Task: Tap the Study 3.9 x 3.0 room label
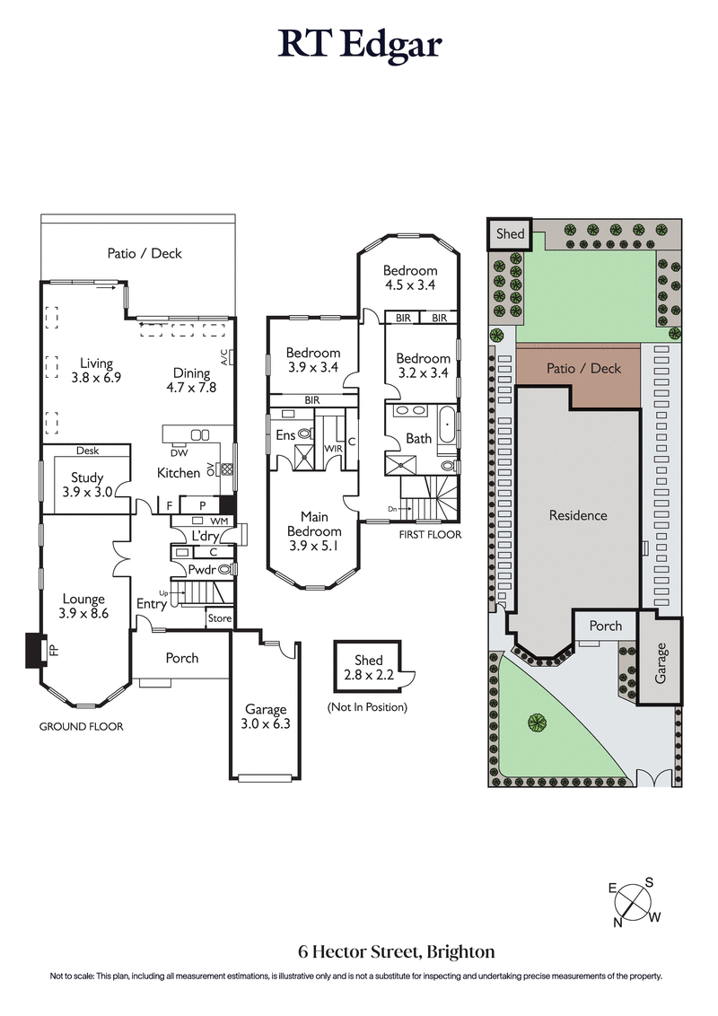pyautogui.click(x=87, y=485)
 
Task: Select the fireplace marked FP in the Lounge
pyautogui.click(x=35, y=650)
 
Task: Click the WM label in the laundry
pyautogui.click(x=219, y=521)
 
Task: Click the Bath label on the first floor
pyautogui.click(x=418, y=439)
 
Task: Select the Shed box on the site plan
pyautogui.click(x=510, y=233)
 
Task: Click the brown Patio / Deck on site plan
pyautogui.click(x=581, y=369)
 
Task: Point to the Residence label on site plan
pyautogui.click(x=578, y=516)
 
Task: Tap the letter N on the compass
pyautogui.click(x=618, y=922)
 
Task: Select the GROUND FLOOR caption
pyautogui.click(x=81, y=727)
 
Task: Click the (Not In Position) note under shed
pyautogui.click(x=368, y=707)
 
